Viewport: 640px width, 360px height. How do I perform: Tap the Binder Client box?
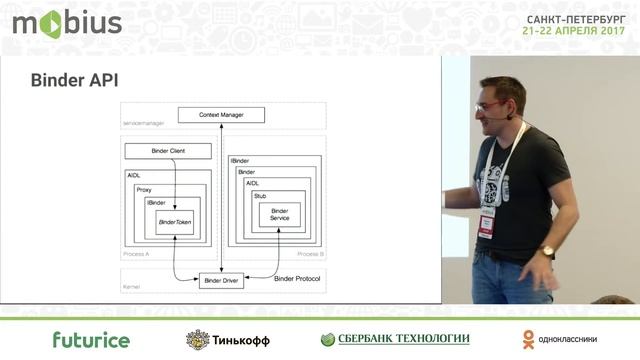click(167, 151)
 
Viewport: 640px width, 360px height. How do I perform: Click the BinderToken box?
click(175, 221)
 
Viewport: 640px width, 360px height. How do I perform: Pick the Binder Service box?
click(279, 214)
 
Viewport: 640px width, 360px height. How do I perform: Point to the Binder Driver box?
click(222, 281)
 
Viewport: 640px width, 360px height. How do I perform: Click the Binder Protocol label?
click(297, 278)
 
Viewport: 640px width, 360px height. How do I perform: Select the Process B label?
click(309, 256)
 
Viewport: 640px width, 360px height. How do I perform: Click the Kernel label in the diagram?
click(132, 287)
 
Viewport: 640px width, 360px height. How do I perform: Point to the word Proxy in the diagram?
click(144, 188)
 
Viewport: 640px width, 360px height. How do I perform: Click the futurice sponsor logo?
click(91, 340)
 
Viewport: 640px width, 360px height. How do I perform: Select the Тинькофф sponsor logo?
click(228, 340)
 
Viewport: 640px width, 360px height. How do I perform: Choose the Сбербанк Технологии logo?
click(395, 339)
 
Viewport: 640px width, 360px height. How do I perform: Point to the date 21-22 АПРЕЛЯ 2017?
click(574, 31)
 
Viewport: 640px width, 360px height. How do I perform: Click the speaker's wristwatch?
click(546, 251)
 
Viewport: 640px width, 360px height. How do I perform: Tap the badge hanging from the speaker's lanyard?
click(487, 222)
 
